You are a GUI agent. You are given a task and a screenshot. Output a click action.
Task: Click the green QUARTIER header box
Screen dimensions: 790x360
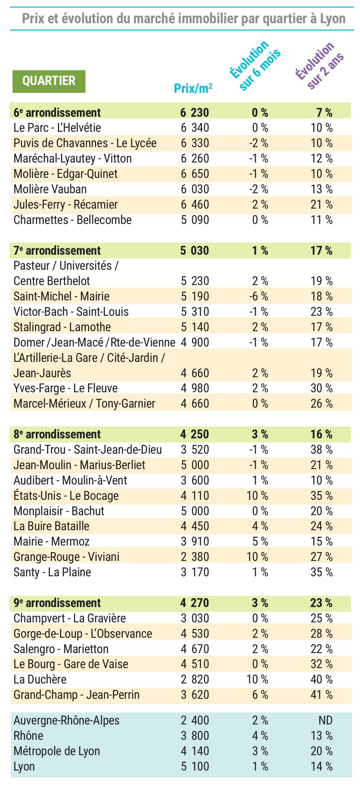49,81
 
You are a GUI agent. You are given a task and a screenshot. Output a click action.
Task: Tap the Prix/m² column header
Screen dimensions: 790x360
193,88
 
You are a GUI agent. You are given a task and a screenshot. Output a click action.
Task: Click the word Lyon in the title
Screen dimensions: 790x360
333,18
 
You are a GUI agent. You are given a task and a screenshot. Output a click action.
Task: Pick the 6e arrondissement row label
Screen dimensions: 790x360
57,112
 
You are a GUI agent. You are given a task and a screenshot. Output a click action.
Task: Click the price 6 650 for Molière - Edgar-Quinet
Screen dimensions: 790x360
195,174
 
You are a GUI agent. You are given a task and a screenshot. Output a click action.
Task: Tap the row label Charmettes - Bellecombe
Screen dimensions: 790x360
72,220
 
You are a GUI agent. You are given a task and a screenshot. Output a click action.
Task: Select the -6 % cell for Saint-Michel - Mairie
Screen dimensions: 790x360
259,296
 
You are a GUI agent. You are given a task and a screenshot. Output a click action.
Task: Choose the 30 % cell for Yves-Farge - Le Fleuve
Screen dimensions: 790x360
321,388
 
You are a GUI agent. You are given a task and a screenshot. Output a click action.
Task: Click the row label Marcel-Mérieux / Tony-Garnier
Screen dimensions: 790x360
84,404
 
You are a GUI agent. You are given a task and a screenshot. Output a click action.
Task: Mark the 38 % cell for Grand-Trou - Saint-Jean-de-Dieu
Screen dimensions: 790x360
321,450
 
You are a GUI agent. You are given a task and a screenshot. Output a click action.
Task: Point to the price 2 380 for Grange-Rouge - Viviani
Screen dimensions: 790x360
195,557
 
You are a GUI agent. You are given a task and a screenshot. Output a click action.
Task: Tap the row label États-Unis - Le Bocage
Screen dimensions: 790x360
66,496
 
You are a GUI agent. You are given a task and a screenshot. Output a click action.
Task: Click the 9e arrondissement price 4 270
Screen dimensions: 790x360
194,603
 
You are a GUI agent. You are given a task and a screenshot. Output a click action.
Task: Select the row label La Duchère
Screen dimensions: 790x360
40,679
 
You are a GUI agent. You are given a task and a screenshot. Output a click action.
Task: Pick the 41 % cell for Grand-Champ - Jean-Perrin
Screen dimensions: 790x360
321,695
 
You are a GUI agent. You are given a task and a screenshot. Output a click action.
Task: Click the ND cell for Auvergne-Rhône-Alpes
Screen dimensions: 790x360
326,720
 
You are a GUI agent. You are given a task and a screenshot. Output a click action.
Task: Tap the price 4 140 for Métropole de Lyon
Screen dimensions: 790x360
195,751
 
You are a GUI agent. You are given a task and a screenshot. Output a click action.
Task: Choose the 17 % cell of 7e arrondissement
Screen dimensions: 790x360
321,251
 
